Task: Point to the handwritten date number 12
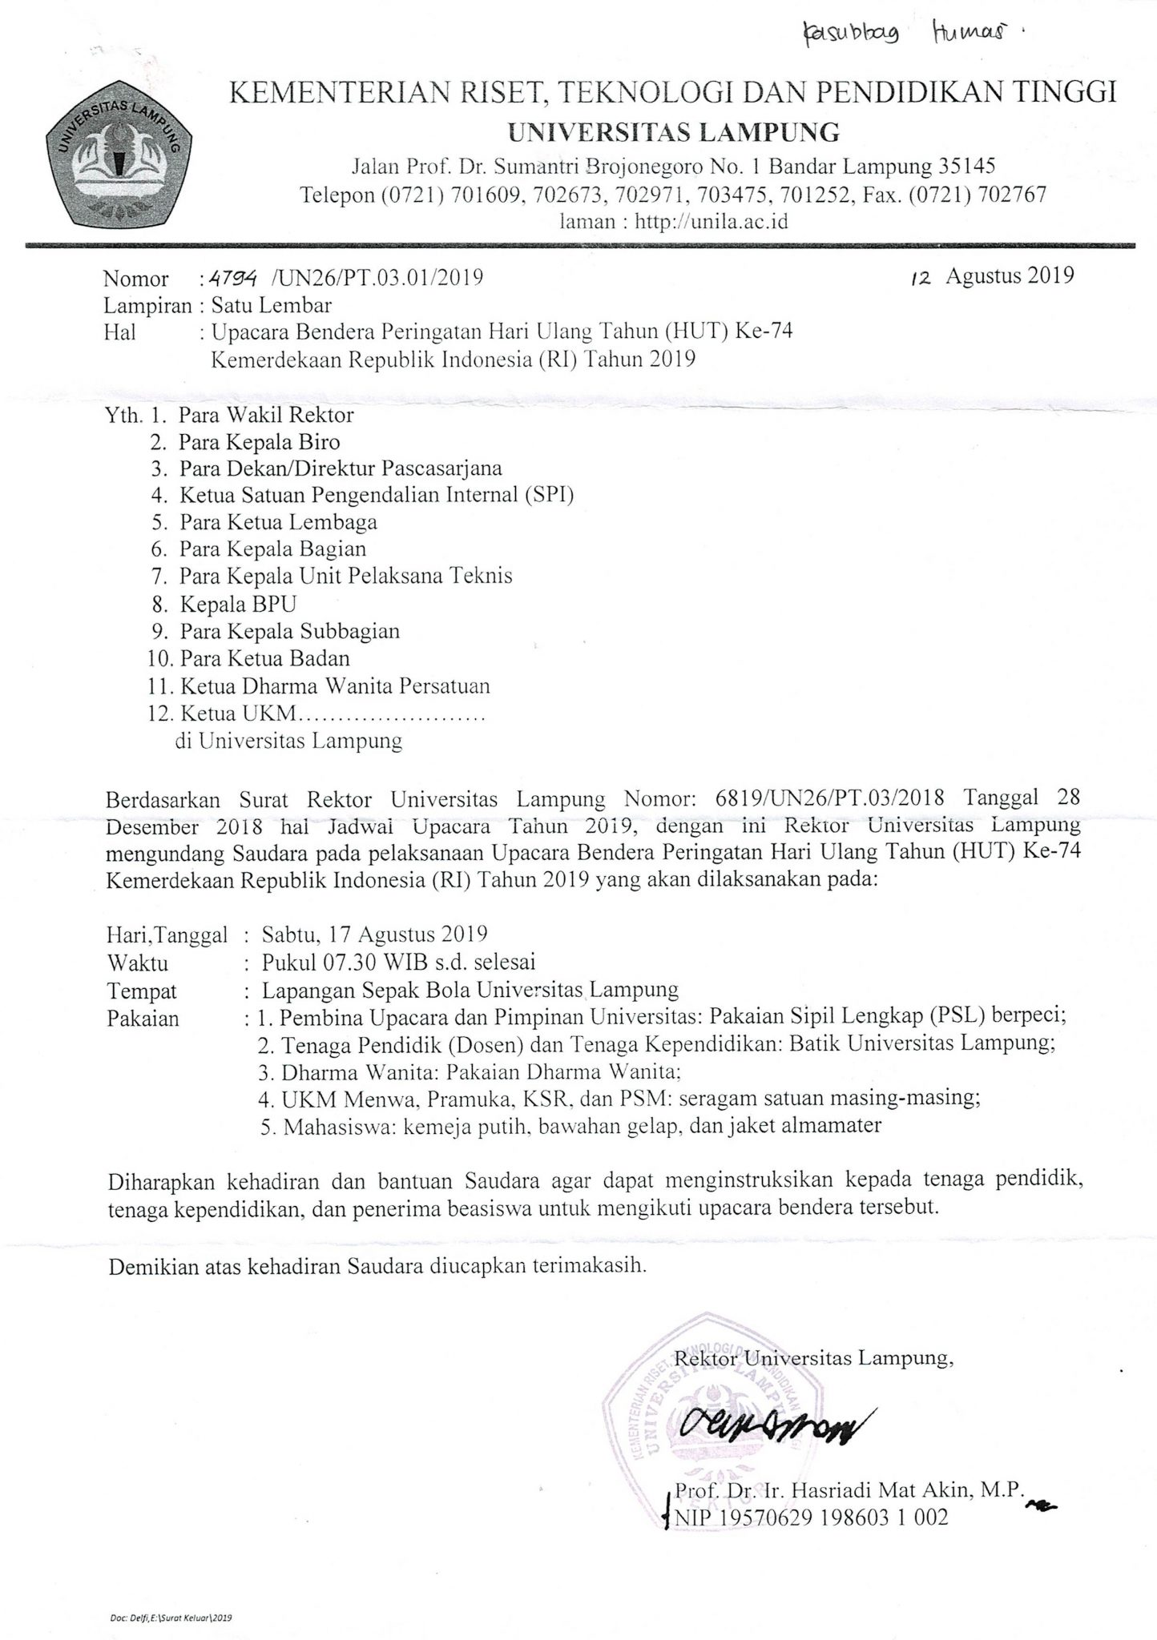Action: point(922,277)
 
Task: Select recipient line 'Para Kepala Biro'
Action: point(259,442)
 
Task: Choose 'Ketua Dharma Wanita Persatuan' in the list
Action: point(335,685)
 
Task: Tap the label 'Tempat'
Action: point(142,991)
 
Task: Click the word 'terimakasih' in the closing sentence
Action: point(589,1268)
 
